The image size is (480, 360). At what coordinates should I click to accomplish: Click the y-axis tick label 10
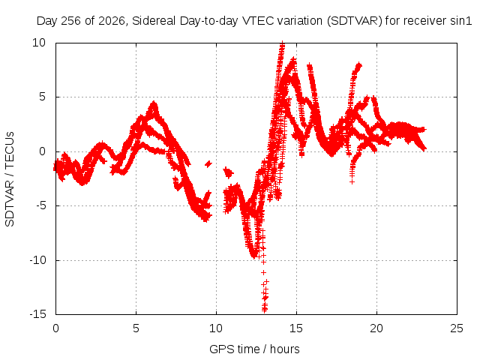tap(39, 43)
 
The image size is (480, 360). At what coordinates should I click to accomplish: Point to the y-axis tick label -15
tap(38, 314)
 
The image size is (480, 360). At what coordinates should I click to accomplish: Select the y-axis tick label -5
tap(40, 205)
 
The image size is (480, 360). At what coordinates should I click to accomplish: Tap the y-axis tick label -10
tap(38, 260)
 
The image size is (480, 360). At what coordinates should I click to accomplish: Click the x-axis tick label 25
tap(457, 328)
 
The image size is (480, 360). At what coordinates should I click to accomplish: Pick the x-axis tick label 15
tap(296, 328)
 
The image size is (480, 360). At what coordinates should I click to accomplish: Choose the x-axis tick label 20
tap(376, 328)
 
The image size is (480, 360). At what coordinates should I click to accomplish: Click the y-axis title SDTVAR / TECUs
tap(10, 179)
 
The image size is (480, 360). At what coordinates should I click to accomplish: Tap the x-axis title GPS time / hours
tap(254, 349)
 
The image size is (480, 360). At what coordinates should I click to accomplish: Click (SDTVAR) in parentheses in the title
tap(355, 21)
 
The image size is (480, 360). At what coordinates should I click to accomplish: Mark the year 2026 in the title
tap(112, 21)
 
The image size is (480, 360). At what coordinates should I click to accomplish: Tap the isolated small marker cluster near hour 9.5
tap(208, 164)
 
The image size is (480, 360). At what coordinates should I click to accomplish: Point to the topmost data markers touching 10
tap(282, 43)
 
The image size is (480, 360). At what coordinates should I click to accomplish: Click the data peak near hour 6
tap(154, 103)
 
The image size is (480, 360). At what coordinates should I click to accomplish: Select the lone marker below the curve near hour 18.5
tap(352, 181)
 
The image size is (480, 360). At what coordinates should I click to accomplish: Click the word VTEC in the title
tap(258, 21)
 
